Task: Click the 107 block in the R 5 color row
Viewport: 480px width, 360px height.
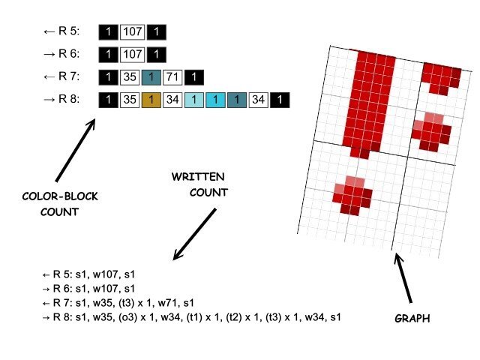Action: pyautogui.click(x=133, y=33)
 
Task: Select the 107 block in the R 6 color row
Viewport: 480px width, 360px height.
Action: pyautogui.click(x=133, y=55)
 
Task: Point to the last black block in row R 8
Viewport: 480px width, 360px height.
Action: pyautogui.click(x=280, y=99)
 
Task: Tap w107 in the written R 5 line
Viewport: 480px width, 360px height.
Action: pyautogui.click(x=115, y=274)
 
